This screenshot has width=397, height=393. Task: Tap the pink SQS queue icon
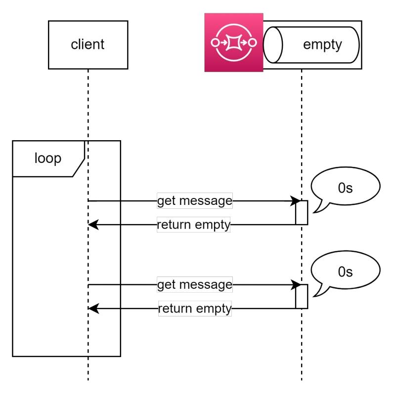[x=234, y=42]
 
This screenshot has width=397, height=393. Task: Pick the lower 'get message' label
[x=195, y=284]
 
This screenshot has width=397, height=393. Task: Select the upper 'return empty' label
[x=194, y=225]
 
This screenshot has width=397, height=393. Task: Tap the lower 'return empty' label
[x=195, y=309]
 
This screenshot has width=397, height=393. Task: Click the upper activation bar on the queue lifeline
[x=302, y=212]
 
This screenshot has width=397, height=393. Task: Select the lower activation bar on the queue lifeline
[x=302, y=296]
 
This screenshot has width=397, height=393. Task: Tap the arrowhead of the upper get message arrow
[x=297, y=201]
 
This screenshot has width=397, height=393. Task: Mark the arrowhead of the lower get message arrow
[x=297, y=285]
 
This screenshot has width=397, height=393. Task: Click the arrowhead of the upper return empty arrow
[x=93, y=225]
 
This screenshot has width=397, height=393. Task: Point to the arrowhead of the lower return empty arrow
[x=93, y=309]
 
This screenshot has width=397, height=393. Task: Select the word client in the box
[x=88, y=45]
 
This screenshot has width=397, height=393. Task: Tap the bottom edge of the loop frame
[x=66, y=355]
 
